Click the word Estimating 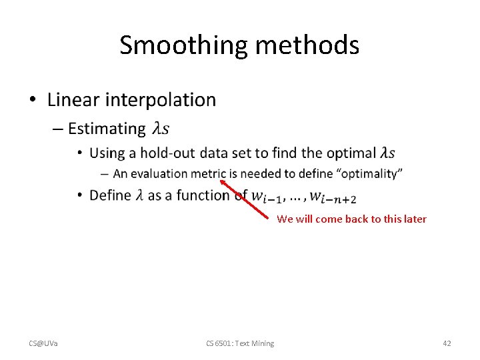click(107, 129)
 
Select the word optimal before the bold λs click(350, 153)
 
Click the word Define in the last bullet click(110, 195)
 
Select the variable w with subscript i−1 click(265, 197)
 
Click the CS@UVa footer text click(43, 343)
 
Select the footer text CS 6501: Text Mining click(240, 343)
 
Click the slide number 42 click(447, 343)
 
